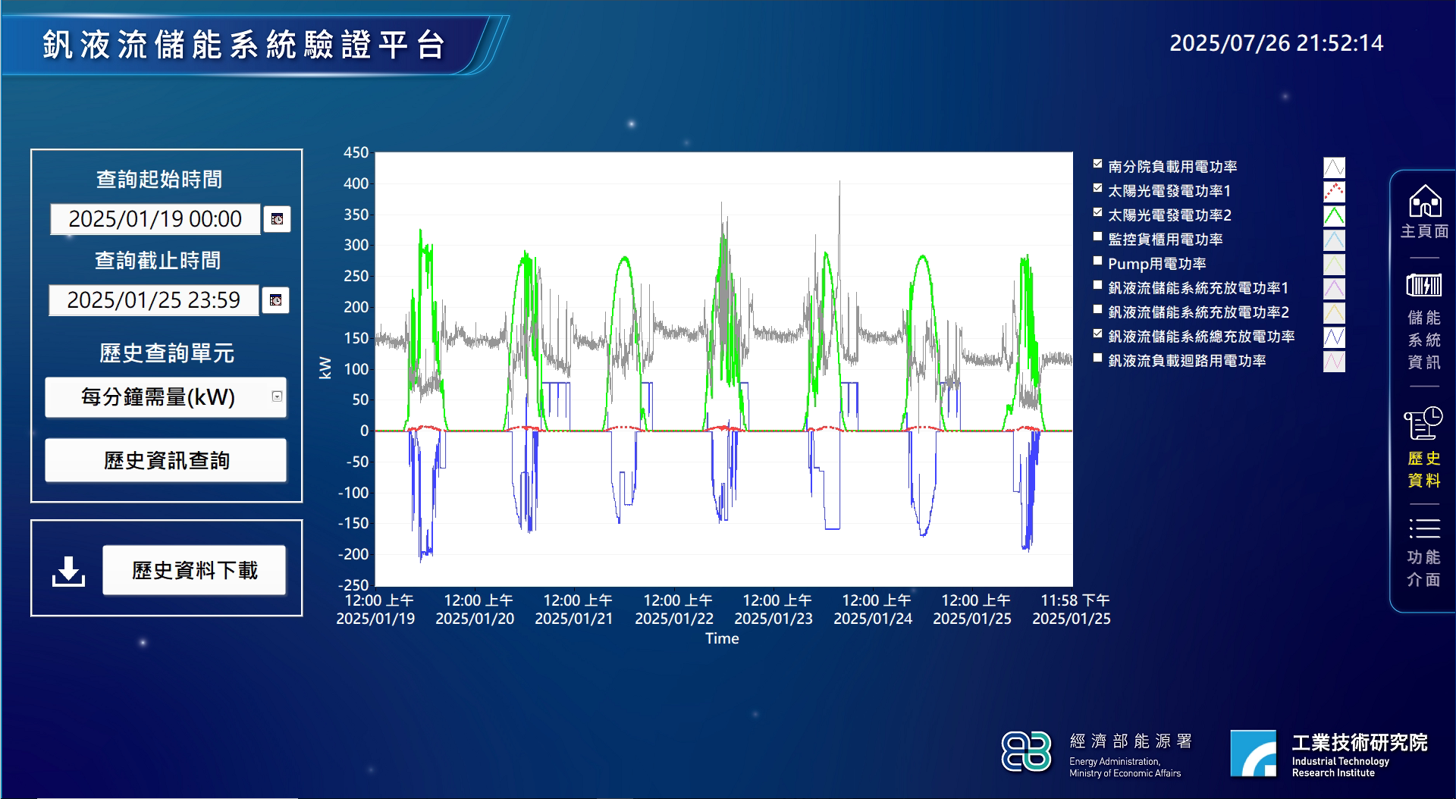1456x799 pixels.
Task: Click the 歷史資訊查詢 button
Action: pyautogui.click(x=166, y=460)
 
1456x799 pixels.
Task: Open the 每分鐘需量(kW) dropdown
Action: pyautogui.click(x=277, y=396)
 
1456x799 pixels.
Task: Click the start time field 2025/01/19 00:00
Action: pyautogui.click(x=155, y=219)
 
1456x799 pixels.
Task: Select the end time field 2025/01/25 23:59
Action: pyautogui.click(x=154, y=300)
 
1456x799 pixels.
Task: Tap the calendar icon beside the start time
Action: pyautogui.click(x=277, y=219)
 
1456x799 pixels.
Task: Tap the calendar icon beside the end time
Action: pyautogui.click(x=275, y=300)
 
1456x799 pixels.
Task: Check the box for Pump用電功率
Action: pyautogui.click(x=1097, y=261)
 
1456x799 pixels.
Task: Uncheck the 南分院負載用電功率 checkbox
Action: pyautogui.click(x=1097, y=164)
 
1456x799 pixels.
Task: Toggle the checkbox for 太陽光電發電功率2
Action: pyautogui.click(x=1097, y=212)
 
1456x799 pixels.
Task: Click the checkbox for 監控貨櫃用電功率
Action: pyautogui.click(x=1097, y=237)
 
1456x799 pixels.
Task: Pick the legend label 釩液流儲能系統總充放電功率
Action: pyautogui.click(x=1201, y=337)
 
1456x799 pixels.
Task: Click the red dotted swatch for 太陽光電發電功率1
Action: pyautogui.click(x=1334, y=191)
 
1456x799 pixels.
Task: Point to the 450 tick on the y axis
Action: pyautogui.click(x=356, y=152)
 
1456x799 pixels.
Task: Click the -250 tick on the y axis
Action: pyautogui.click(x=353, y=585)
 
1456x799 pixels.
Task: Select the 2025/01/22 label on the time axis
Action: pyautogui.click(x=674, y=619)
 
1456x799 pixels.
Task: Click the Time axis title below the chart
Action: pyautogui.click(x=722, y=638)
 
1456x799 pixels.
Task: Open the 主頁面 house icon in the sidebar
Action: pyautogui.click(x=1425, y=202)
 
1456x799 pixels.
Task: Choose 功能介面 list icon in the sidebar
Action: pyautogui.click(x=1424, y=528)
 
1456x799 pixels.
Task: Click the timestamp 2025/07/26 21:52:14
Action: pyautogui.click(x=1276, y=43)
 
